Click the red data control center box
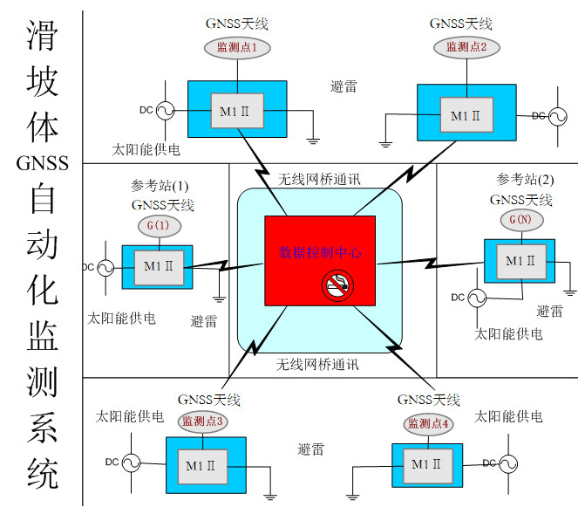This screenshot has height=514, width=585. coord(320,262)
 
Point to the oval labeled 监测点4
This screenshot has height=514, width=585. coord(428,423)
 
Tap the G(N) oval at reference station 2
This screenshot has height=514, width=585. coord(520,220)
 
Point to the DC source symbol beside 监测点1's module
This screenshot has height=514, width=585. coord(162,110)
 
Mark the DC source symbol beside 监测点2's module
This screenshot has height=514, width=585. coord(552,115)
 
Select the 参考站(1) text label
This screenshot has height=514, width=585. coord(160,186)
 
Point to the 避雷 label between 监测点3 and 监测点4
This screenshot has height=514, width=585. coord(310,449)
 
